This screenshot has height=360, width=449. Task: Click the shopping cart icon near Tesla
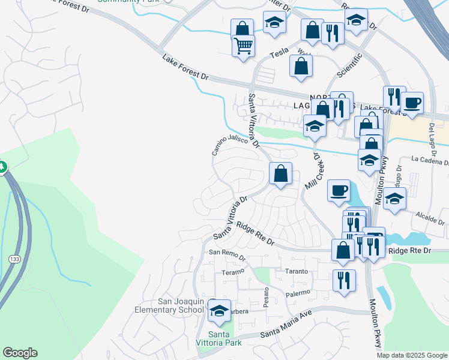pos(243,46)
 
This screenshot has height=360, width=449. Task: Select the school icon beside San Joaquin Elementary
pos(220,311)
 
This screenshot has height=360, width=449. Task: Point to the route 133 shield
pos(15,258)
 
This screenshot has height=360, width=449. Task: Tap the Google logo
pos(20,353)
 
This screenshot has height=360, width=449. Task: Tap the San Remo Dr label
pos(227,254)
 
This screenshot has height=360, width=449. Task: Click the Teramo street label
pos(234,272)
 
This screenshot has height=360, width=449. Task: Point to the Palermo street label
pos(298,293)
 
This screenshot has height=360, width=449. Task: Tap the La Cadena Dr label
pos(430,160)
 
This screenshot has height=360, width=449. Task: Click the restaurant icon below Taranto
pos(344,280)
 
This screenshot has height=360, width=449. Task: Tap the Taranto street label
pos(297,271)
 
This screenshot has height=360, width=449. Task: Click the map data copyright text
pos(412,355)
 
